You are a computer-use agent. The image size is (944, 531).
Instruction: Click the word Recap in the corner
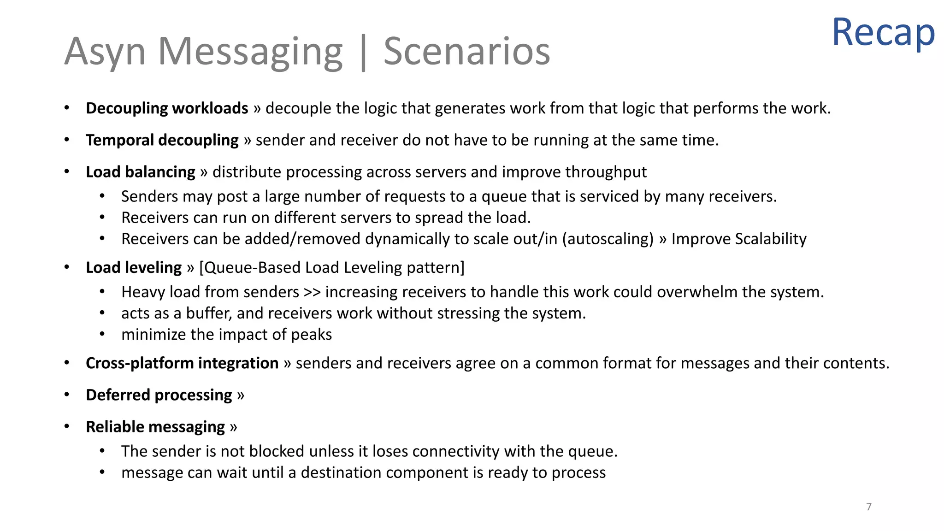click(883, 32)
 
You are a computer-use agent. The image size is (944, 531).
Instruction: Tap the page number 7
click(869, 507)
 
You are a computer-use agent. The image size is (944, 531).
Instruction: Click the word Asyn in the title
click(105, 52)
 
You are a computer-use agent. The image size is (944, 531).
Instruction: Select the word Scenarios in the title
click(466, 51)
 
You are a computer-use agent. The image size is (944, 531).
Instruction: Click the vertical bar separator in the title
click(363, 53)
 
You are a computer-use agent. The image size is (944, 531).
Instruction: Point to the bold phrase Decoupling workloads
click(167, 108)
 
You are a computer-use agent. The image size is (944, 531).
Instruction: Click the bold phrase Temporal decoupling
click(162, 140)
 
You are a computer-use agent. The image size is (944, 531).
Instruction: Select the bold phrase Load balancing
click(141, 172)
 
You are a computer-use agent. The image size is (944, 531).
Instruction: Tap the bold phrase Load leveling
click(134, 267)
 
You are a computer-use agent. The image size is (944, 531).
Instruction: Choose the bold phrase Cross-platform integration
click(182, 363)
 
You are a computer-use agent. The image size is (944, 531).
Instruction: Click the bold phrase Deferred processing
click(159, 395)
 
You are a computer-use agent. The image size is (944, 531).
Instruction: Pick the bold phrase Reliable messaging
click(155, 427)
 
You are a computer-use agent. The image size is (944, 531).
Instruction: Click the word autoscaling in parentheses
click(608, 239)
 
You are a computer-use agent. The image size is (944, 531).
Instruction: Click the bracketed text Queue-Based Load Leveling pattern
click(332, 267)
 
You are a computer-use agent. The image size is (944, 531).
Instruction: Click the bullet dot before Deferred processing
click(67, 395)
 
